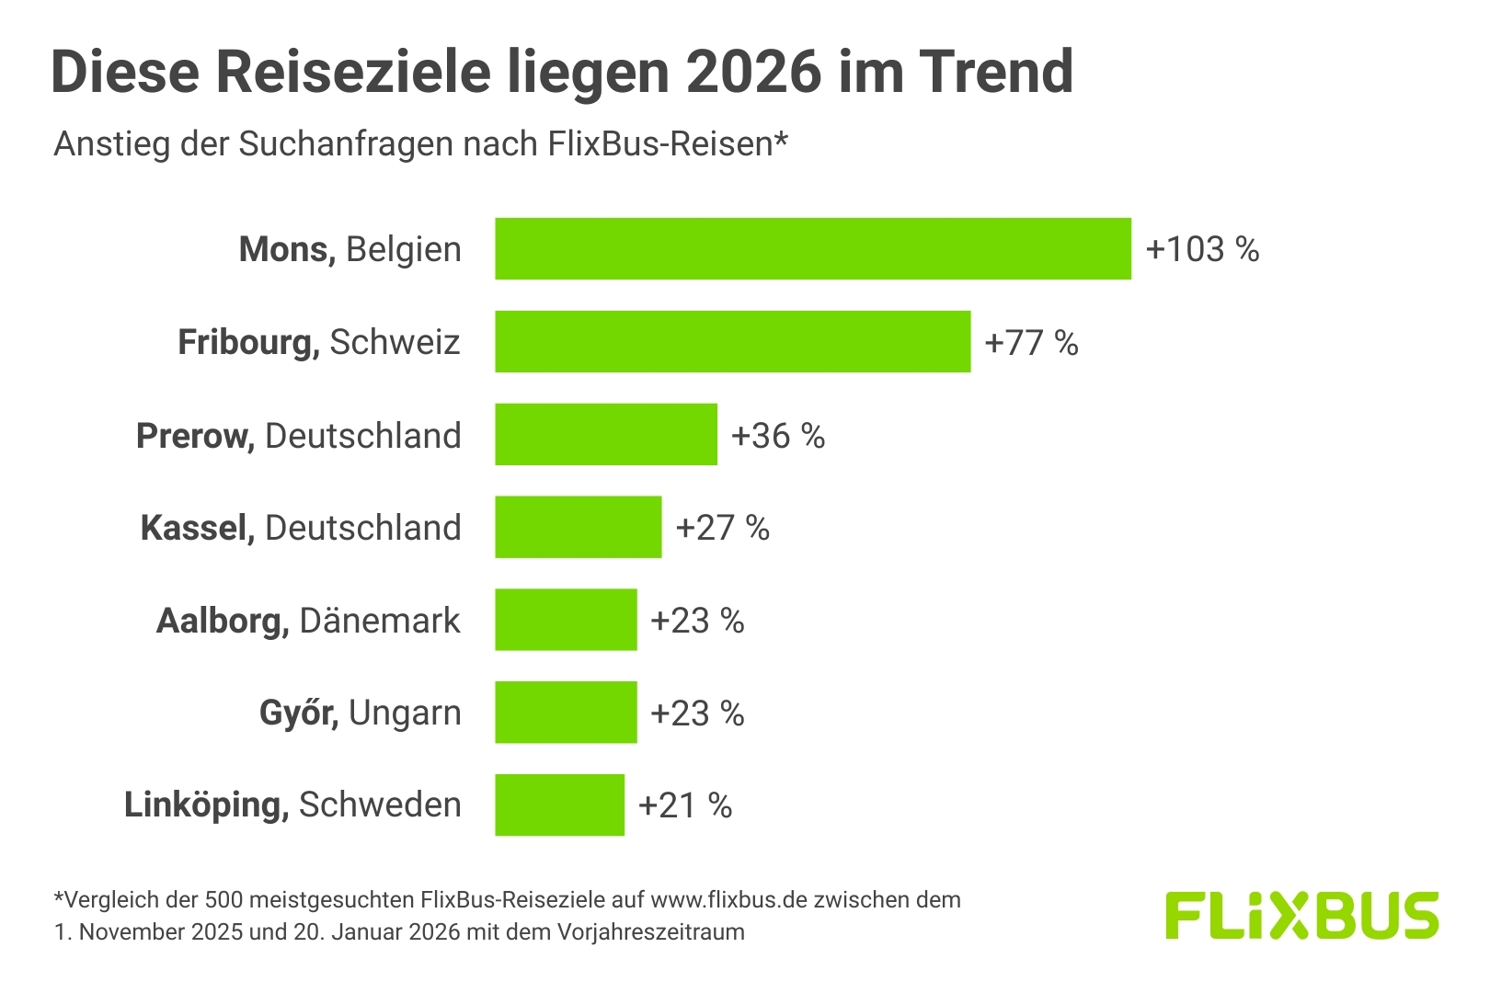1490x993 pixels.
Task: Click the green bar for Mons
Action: (813, 248)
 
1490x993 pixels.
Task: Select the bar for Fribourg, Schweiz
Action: (732, 341)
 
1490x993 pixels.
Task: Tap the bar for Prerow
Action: (606, 434)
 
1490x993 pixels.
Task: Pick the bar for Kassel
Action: (578, 527)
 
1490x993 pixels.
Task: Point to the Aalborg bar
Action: (566, 620)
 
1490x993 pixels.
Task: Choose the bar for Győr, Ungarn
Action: (566, 712)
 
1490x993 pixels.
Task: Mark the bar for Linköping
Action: (559, 805)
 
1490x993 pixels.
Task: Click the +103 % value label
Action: (1202, 249)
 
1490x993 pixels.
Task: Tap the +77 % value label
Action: (1031, 342)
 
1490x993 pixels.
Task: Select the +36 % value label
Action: (778, 435)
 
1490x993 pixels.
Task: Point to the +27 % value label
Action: (723, 528)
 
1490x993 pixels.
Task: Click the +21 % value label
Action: (685, 805)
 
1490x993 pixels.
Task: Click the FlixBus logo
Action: (1301, 915)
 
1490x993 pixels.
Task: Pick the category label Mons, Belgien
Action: (350, 249)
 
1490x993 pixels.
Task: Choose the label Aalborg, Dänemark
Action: (308, 621)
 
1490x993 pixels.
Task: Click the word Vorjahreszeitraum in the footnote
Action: (651, 931)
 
